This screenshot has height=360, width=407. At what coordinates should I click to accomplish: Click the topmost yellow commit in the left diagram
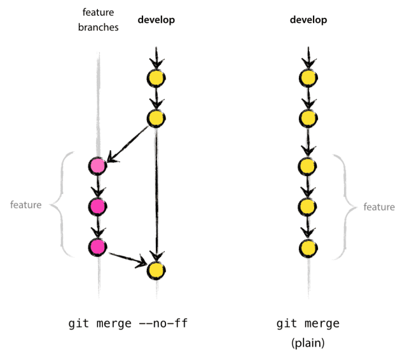156,78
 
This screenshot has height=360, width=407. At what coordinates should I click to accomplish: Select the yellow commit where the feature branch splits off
156,118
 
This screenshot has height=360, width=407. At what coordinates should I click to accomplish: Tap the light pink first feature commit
97,167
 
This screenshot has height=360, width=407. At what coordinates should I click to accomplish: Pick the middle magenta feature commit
97,206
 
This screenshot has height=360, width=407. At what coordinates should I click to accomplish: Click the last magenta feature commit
97,246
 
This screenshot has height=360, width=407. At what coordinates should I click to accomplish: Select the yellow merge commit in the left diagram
156,270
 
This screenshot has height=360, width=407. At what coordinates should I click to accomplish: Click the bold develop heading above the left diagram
156,20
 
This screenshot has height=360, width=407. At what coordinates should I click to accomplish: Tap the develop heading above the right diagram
308,20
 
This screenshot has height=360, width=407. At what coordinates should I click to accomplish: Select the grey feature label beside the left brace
26,205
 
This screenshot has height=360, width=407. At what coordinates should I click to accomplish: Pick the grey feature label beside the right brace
378,207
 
